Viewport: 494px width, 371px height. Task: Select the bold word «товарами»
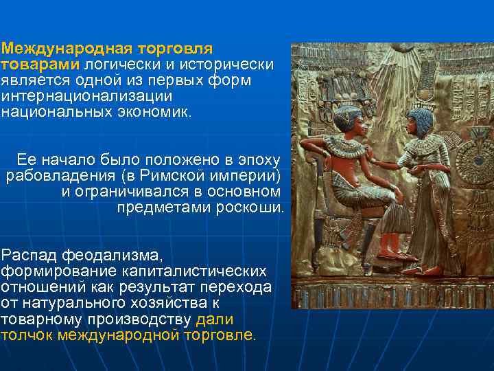[x=40, y=65]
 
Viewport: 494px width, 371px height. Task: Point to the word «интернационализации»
[x=86, y=96]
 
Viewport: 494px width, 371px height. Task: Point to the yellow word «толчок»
[x=27, y=335]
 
